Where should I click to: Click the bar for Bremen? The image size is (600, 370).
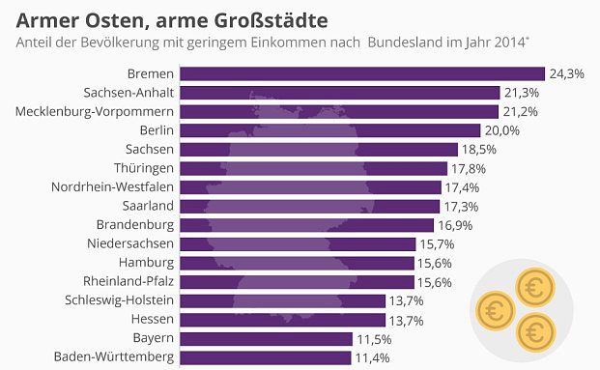click(x=362, y=73)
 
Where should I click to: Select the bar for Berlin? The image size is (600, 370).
click(x=330, y=130)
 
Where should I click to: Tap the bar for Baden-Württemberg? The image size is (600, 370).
click(x=266, y=357)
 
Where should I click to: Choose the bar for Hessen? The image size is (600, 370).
click(x=283, y=320)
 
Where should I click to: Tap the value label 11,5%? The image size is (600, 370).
click(x=372, y=338)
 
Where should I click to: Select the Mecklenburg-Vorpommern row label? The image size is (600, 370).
click(x=95, y=111)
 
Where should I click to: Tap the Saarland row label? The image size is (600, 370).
click(x=146, y=206)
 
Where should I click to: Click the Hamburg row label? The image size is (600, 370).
click(x=146, y=263)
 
